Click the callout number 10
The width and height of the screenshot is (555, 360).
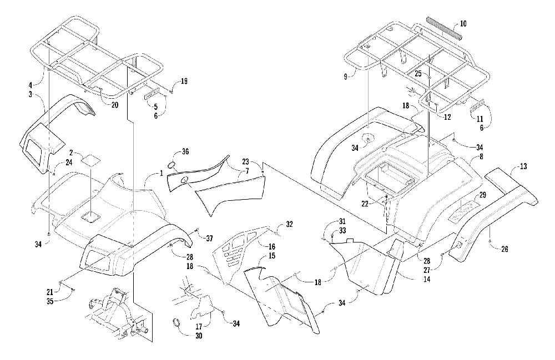coord(463,24)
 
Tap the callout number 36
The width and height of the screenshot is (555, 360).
coord(185,151)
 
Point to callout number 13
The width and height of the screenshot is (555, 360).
coord(523,166)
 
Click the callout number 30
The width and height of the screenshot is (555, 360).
coord(199,336)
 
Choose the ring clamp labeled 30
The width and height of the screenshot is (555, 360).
coord(176,322)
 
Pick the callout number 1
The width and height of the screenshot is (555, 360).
coord(162,173)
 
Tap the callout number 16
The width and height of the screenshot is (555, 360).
coord(272,246)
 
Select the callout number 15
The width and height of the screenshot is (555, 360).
coord(272,256)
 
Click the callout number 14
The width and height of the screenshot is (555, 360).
coord(427,280)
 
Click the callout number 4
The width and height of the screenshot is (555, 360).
coord(31,85)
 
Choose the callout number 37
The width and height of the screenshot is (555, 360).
coord(209,239)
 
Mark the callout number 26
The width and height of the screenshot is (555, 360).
coord(504,249)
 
